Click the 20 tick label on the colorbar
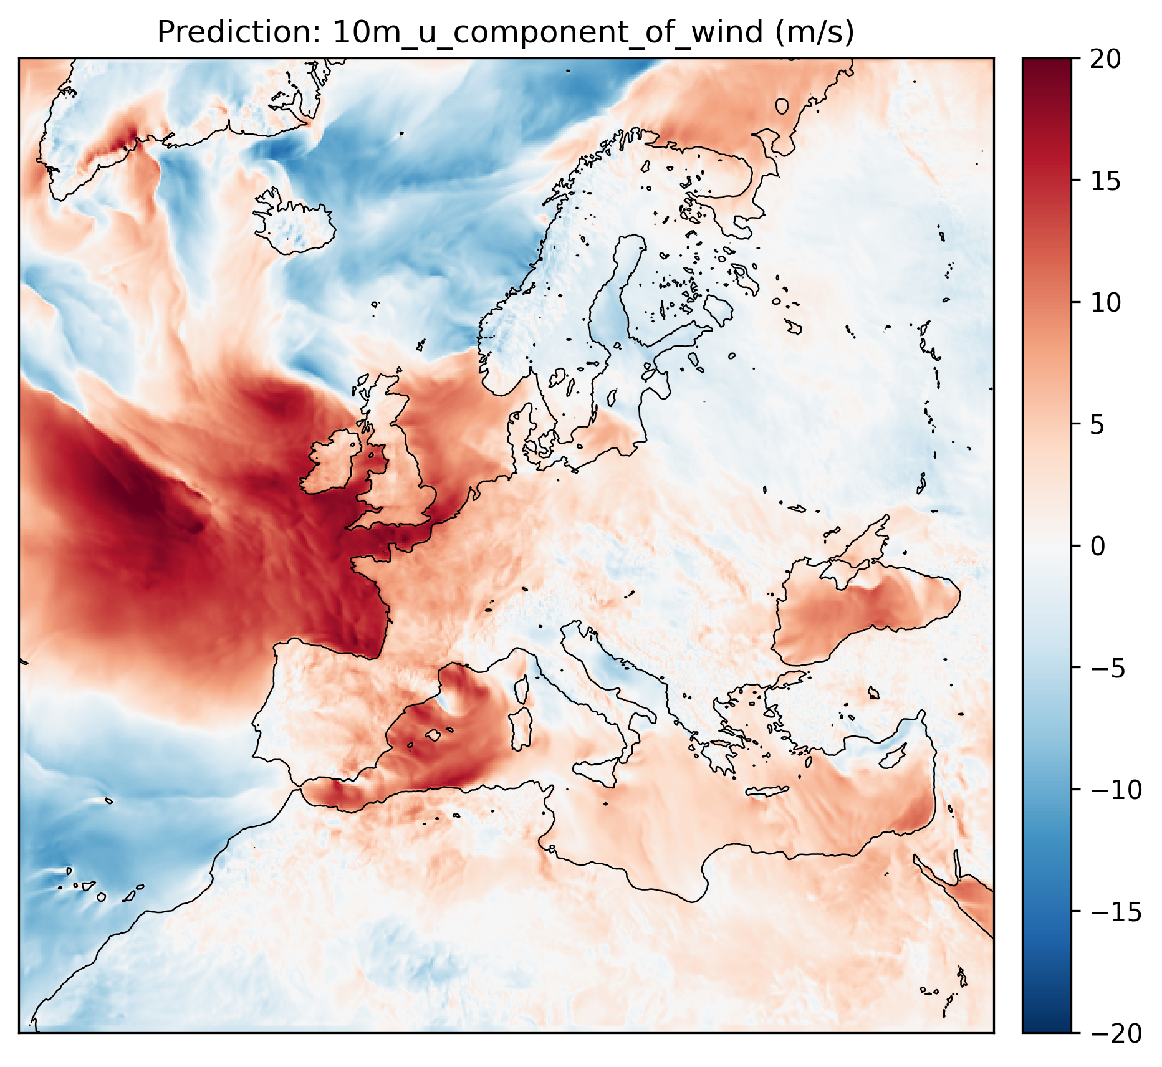point(1106,59)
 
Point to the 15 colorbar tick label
point(1106,181)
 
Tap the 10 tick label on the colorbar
point(1106,303)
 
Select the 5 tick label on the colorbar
point(1098,424)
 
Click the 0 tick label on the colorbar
point(1098,547)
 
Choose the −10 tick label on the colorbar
point(1116,790)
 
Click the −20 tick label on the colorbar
point(1116,1033)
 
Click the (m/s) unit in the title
point(814,32)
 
